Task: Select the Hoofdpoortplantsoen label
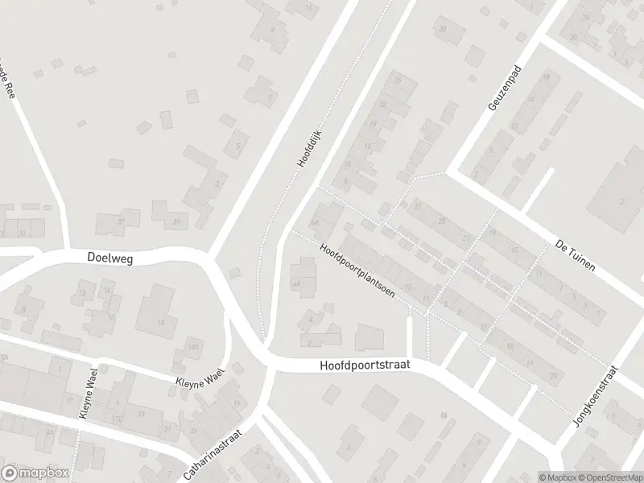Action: coord(357,270)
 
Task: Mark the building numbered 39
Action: coord(176,221)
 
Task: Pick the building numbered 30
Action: coord(442,30)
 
